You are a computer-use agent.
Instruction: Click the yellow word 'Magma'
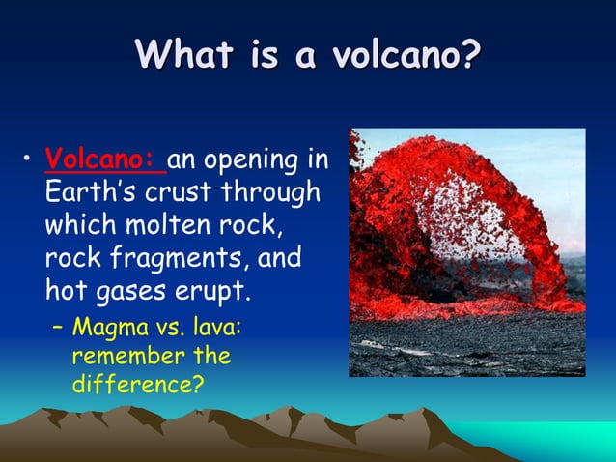(x=105, y=329)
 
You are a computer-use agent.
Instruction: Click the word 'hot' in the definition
(x=66, y=292)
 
